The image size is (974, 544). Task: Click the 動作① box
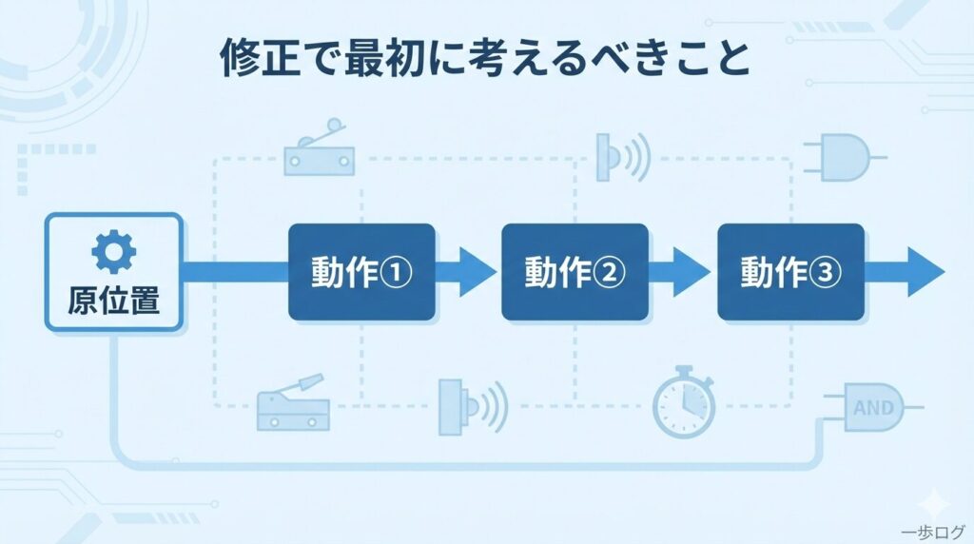(x=361, y=272)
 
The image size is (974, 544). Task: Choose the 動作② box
(x=575, y=272)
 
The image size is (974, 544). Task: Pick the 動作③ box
(x=790, y=272)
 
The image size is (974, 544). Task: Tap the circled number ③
(x=825, y=274)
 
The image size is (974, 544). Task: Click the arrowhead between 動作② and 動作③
(x=691, y=272)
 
